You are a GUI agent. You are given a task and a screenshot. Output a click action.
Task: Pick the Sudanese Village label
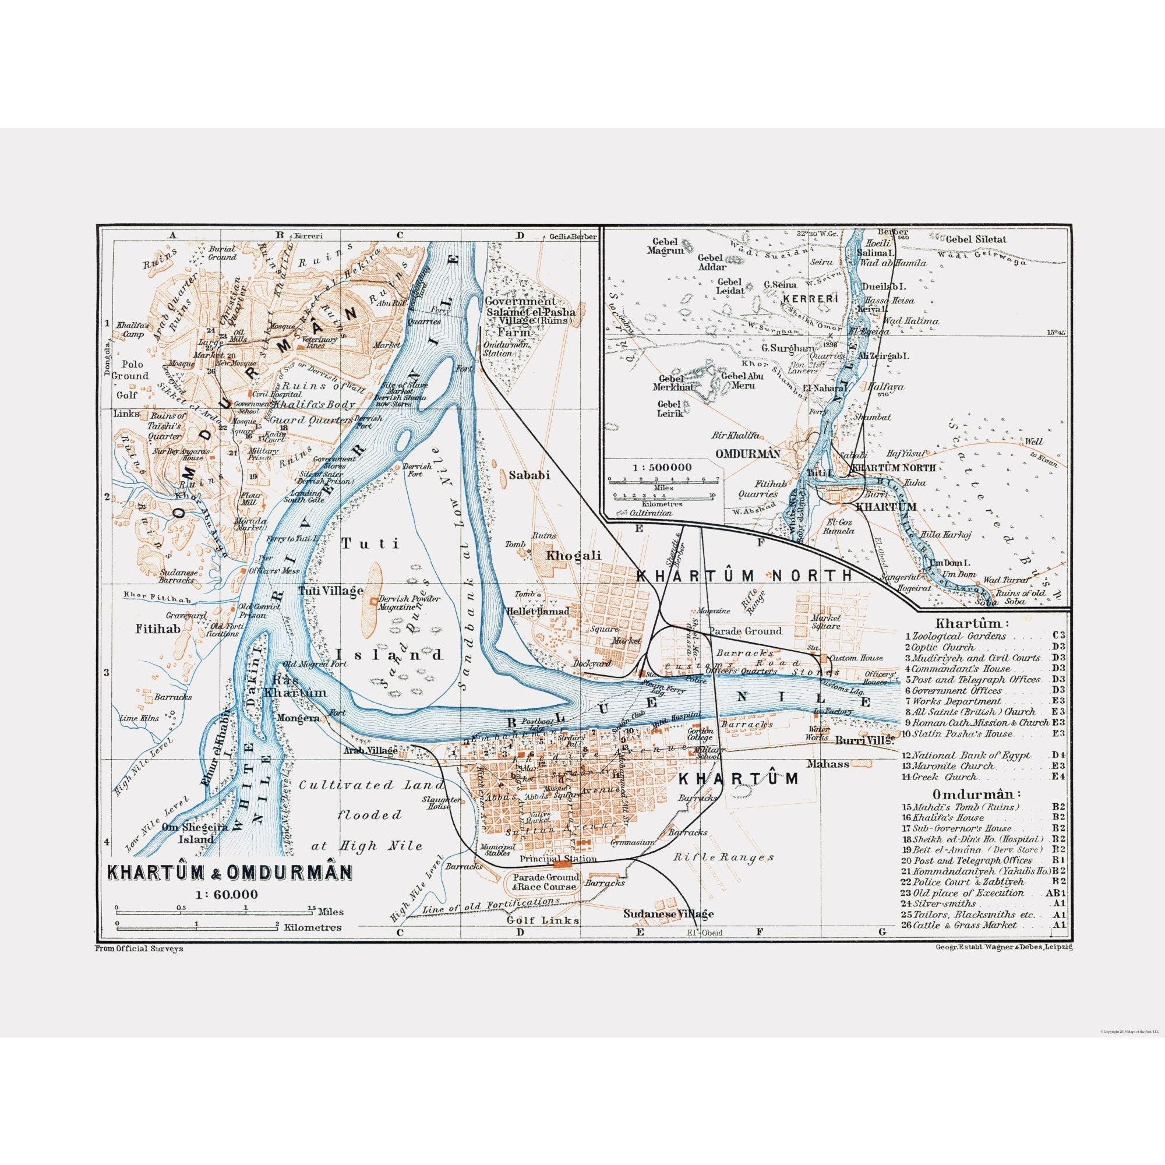(669, 913)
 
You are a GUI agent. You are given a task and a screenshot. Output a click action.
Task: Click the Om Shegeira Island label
(188, 834)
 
